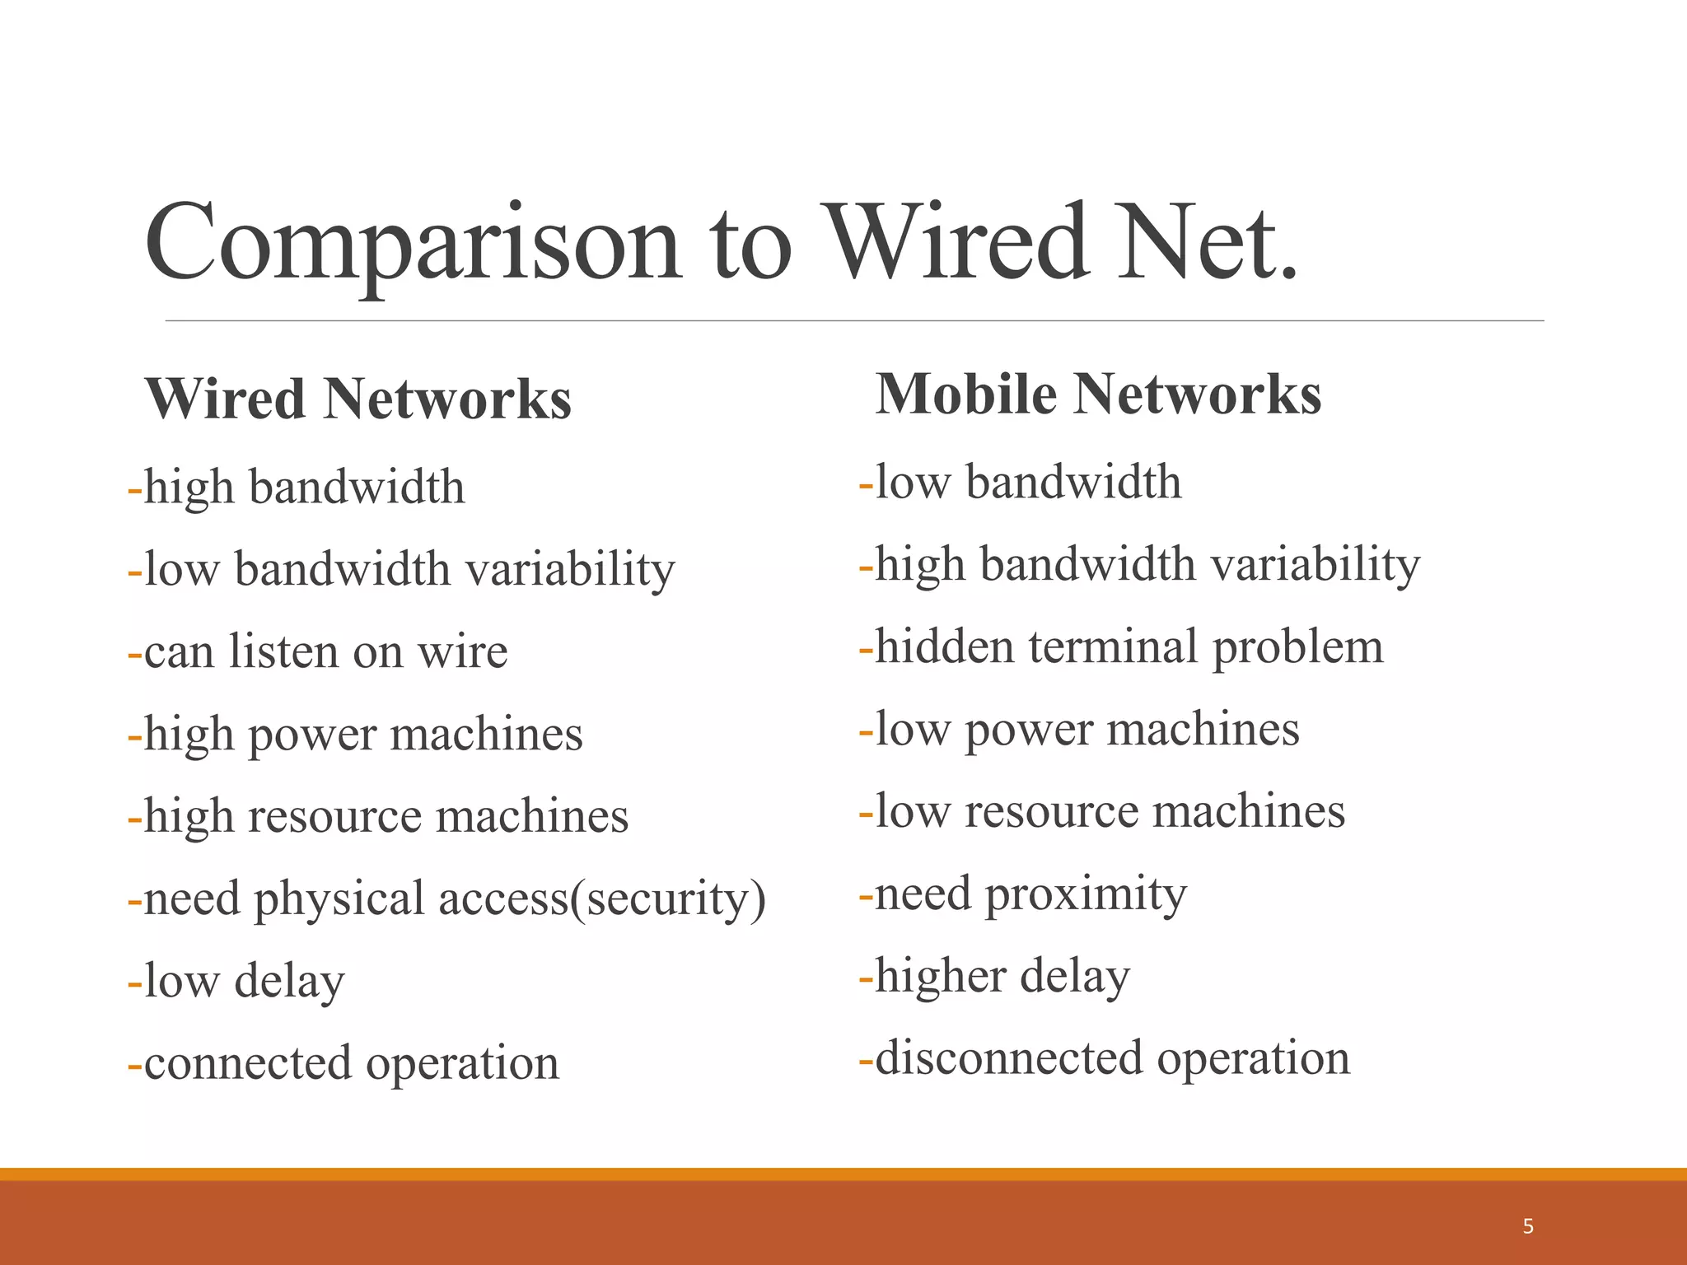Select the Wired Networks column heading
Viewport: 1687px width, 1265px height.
(358, 399)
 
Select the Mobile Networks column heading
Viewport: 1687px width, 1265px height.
(1098, 394)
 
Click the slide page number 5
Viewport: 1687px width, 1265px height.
(1528, 1226)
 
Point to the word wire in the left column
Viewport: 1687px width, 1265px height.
(462, 651)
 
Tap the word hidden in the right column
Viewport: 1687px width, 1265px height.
(944, 647)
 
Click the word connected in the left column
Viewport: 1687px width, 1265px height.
(247, 1063)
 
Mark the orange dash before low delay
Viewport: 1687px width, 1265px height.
(135, 983)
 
